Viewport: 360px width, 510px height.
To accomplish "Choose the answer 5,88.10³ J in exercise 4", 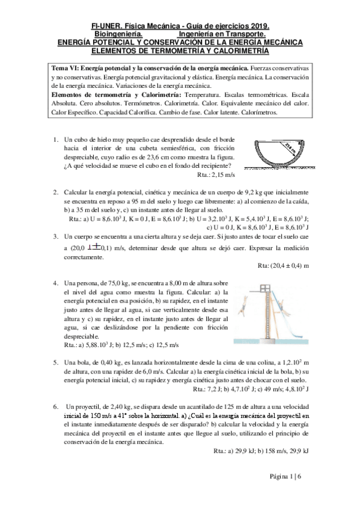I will point(98,345).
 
